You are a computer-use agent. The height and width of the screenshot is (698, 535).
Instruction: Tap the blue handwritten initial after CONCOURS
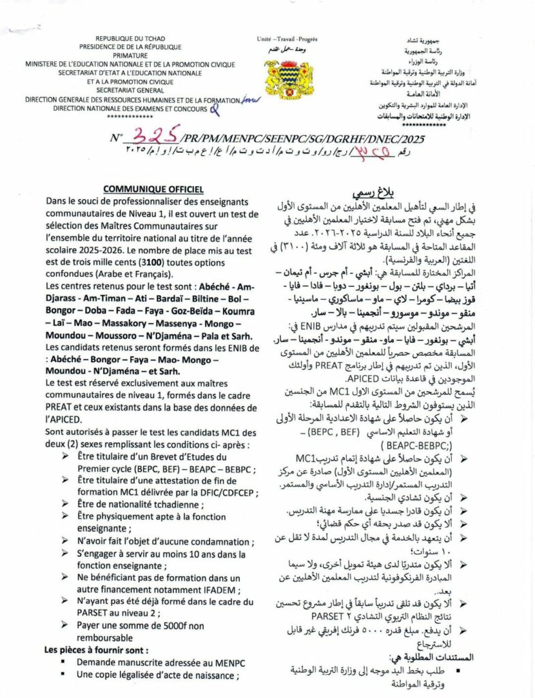tap(216, 106)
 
